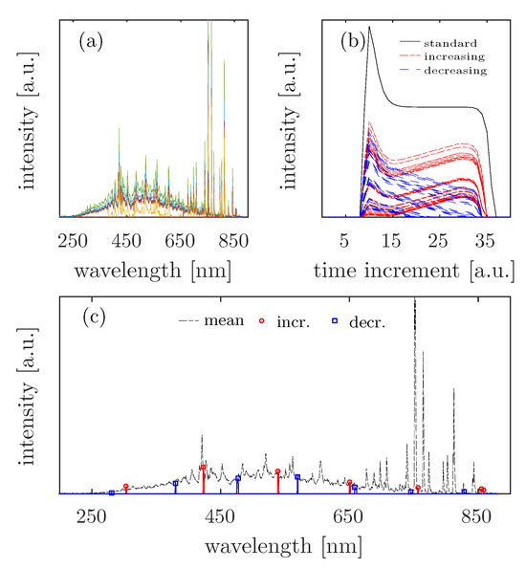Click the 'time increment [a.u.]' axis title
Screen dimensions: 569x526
pyautogui.click(x=414, y=270)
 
